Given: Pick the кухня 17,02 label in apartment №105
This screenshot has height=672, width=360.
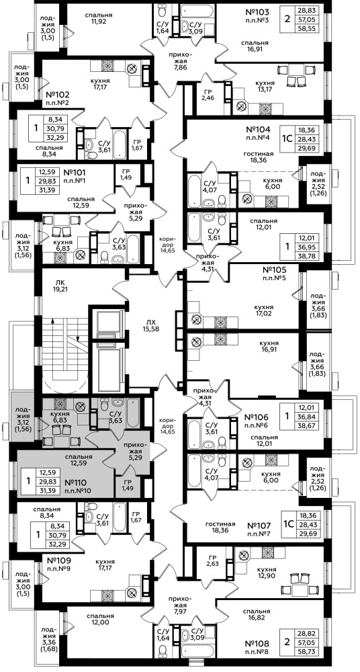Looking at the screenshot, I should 267,309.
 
